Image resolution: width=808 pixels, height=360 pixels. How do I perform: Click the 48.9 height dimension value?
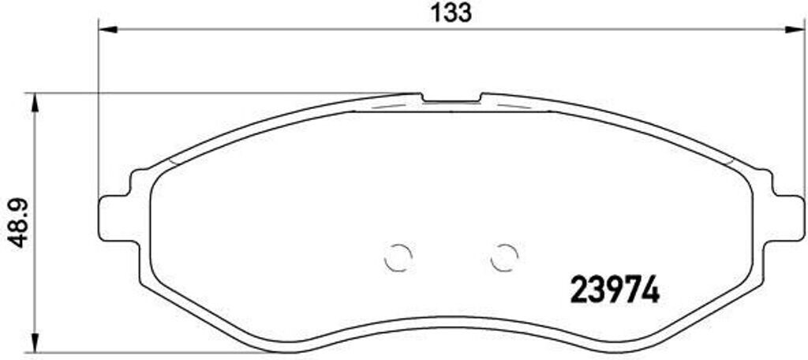[17, 222]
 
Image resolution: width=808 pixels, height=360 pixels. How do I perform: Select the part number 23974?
[613, 291]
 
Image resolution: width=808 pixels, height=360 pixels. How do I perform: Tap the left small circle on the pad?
[398, 257]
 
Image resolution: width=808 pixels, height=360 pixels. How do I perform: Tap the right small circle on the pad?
[503, 257]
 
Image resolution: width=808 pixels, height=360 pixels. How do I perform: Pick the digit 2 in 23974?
[578, 291]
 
